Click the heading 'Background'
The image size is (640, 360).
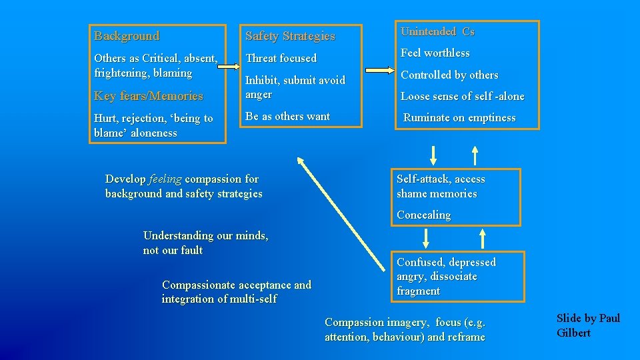(x=127, y=36)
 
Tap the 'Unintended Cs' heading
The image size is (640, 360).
(x=437, y=32)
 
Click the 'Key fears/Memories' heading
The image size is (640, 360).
(x=149, y=96)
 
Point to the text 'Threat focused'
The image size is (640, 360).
(x=281, y=59)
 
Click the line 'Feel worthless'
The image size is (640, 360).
(x=435, y=53)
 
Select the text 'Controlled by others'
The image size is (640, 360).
(x=449, y=75)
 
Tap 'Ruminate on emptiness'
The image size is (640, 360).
(x=459, y=118)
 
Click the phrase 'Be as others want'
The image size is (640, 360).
(x=287, y=116)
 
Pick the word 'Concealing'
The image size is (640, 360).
(x=423, y=215)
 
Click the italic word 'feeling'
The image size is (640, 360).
(x=165, y=179)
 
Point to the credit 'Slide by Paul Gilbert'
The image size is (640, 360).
(x=588, y=325)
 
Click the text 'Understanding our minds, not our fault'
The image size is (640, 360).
(x=205, y=243)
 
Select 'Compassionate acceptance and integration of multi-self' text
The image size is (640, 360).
(x=236, y=292)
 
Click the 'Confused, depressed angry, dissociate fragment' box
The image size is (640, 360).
(x=457, y=276)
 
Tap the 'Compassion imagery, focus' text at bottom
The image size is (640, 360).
(x=405, y=329)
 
